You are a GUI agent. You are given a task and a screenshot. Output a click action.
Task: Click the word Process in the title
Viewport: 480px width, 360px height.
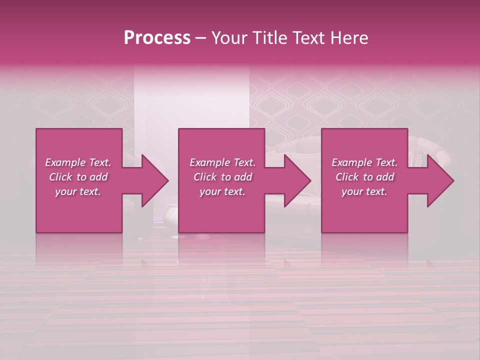coord(157,38)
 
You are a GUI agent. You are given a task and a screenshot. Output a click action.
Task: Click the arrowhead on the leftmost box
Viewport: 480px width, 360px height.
coord(153,180)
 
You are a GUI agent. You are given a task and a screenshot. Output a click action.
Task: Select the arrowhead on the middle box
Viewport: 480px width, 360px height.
coord(295,180)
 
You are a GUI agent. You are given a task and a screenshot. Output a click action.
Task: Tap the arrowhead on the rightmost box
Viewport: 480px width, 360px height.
coord(438,180)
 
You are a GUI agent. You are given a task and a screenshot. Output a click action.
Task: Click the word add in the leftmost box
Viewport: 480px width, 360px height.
coord(98,177)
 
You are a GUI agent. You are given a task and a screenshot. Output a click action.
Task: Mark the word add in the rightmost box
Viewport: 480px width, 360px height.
coord(385,177)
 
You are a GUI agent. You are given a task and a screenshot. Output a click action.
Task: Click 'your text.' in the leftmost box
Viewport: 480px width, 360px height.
coord(78,191)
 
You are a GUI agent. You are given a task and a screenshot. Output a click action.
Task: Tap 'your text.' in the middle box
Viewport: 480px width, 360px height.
coord(222,191)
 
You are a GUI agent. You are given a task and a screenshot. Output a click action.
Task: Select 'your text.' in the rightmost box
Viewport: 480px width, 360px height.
coord(364,191)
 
